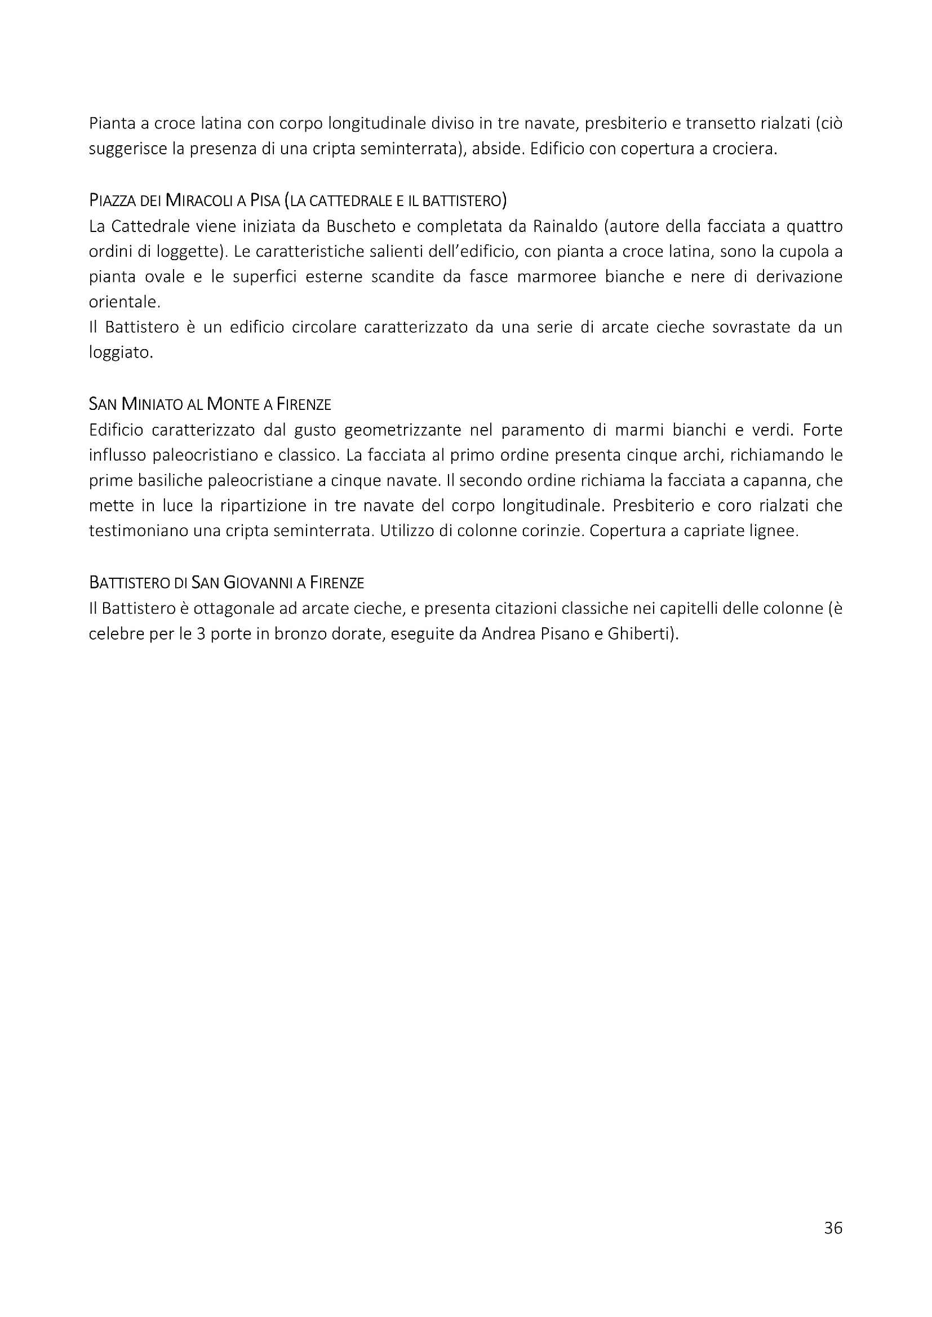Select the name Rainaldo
pyautogui.click(x=565, y=226)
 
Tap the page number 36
pyautogui.click(x=833, y=1227)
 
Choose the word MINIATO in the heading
pyautogui.click(x=153, y=404)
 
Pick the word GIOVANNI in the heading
pyautogui.click(x=258, y=583)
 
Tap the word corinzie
pyautogui.click(x=552, y=531)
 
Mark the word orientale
pyautogui.click(x=124, y=302)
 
